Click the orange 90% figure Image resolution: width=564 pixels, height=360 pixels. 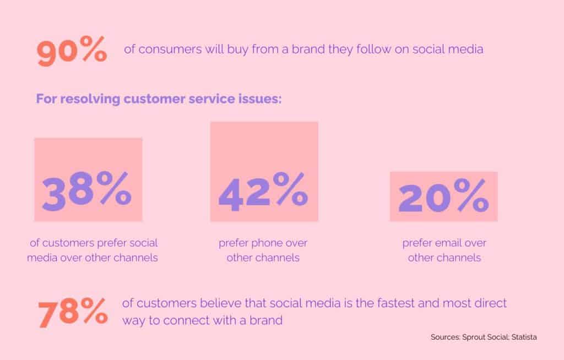[x=72, y=51]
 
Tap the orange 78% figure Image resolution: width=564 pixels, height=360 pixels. [x=73, y=313]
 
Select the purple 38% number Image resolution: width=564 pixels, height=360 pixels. [x=86, y=191]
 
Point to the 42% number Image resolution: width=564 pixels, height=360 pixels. [x=263, y=192]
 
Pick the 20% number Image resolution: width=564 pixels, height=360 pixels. [x=443, y=195]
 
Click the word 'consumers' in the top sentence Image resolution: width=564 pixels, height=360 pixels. [x=170, y=50]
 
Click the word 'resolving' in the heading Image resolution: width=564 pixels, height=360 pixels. [x=90, y=99]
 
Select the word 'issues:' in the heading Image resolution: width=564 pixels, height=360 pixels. [x=260, y=99]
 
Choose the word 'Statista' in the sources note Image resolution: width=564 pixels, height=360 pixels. [x=524, y=337]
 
